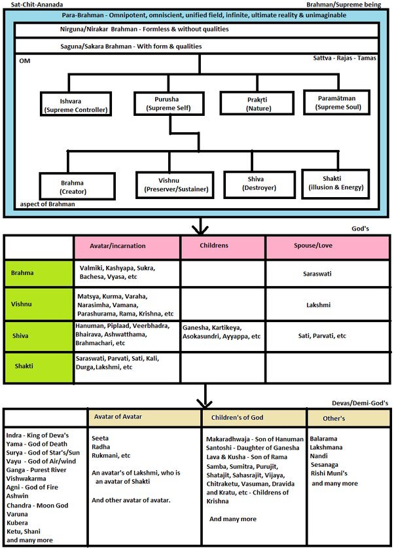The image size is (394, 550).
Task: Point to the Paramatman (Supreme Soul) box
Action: (x=338, y=103)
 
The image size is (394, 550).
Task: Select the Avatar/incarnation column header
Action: (x=125, y=246)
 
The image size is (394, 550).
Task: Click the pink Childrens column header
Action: (x=223, y=246)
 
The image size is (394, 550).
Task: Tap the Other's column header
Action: (x=349, y=418)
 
